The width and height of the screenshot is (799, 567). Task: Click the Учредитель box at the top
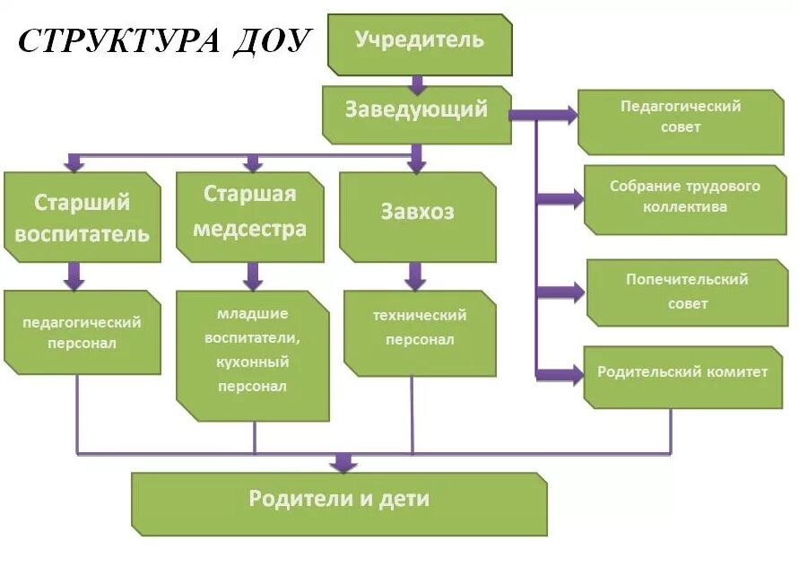[x=420, y=41]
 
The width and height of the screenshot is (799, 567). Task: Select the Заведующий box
[x=416, y=112]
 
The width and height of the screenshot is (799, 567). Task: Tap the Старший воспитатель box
[x=82, y=217]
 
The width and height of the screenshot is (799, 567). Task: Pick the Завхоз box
[x=417, y=213]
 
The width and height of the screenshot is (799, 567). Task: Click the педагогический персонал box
[x=82, y=332]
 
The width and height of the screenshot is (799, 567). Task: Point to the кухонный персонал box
[x=252, y=354]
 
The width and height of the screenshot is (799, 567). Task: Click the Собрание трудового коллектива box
[x=685, y=197]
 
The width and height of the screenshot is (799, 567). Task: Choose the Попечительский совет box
[x=687, y=292]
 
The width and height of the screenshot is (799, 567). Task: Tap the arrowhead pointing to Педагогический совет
[x=568, y=114]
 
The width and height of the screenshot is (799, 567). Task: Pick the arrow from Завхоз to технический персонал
[x=414, y=276]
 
